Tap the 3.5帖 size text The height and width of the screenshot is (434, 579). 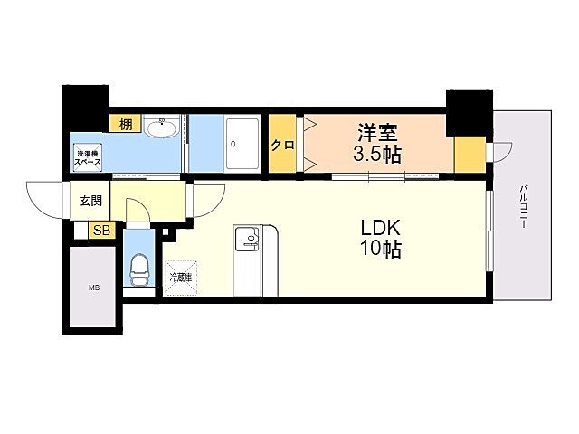[x=377, y=155]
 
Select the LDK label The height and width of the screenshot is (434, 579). [x=380, y=228]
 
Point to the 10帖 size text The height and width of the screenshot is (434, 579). [x=380, y=250]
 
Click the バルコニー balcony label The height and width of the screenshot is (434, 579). [x=524, y=207]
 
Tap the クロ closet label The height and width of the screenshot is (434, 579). [x=282, y=145]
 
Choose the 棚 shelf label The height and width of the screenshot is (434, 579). [x=126, y=124]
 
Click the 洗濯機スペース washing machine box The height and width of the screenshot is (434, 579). [x=88, y=157]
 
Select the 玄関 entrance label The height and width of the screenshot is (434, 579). [x=90, y=201]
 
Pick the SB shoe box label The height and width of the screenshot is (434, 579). [x=101, y=231]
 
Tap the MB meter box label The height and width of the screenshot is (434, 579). [x=94, y=288]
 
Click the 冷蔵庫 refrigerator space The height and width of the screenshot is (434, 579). [x=181, y=278]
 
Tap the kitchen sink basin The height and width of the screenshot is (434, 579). [x=247, y=237]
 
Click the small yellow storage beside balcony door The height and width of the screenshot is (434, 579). [x=470, y=155]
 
